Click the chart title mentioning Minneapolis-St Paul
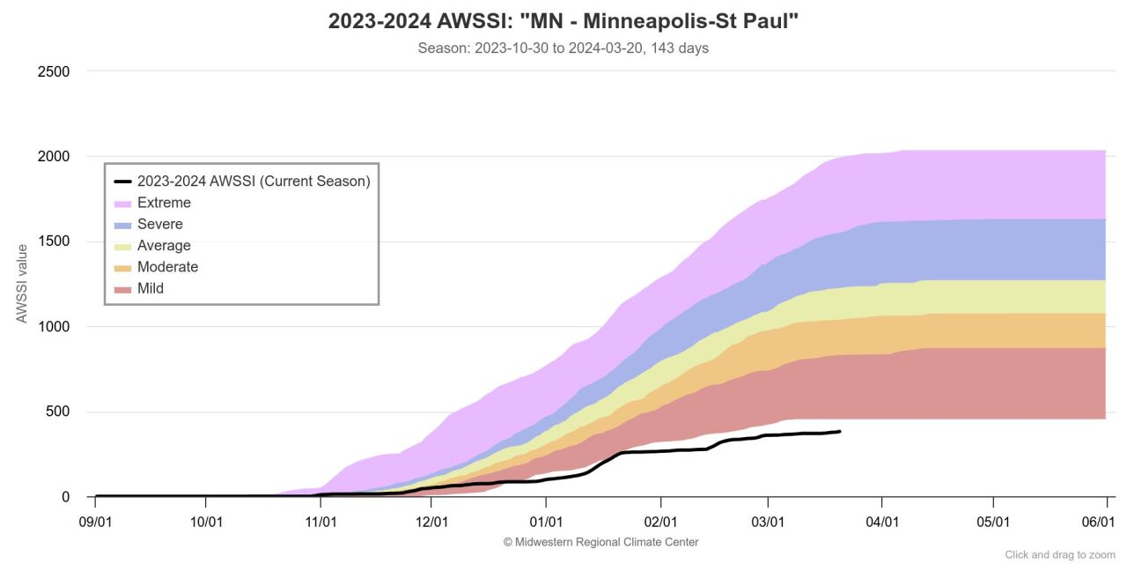[563, 21]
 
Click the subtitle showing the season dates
[563, 48]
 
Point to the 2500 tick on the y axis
[54, 71]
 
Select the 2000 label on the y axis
[54, 157]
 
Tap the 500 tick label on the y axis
[57, 412]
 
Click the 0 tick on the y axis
[66, 498]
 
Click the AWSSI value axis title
[22, 284]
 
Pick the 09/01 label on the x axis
[94, 522]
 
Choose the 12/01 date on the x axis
[432, 522]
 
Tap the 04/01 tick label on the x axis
[881, 522]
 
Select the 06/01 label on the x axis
[1098, 522]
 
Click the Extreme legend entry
[164, 203]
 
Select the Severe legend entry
[159, 224]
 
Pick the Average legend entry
[164, 245]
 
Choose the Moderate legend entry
[167, 267]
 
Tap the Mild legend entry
[150, 288]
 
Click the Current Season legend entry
[253, 182]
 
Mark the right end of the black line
[839, 431]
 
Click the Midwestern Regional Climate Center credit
[600, 542]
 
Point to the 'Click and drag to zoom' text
[1060, 554]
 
